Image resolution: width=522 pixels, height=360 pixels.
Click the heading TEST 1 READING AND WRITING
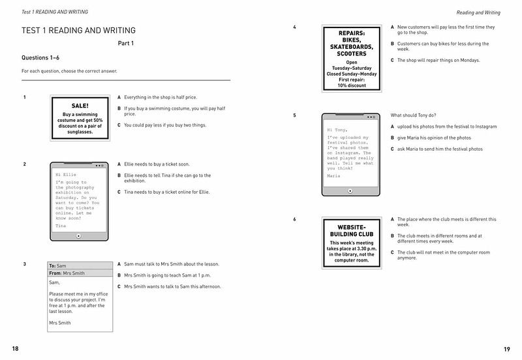pyautogui.click(x=79, y=30)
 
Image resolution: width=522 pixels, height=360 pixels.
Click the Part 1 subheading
pyautogui.click(x=125, y=44)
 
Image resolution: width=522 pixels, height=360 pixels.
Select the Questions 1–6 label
pyautogui.click(x=41, y=57)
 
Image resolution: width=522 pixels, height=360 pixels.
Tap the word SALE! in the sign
pyautogui.click(x=80, y=106)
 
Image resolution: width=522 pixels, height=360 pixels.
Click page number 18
pyautogui.click(x=16, y=348)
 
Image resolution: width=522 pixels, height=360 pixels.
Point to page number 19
pyautogui.click(x=506, y=348)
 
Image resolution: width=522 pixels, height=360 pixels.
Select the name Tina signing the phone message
pyautogui.click(x=61, y=225)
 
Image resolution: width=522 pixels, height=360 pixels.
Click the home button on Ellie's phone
pyautogui.click(x=79, y=235)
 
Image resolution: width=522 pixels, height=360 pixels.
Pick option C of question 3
pyautogui.click(x=172, y=286)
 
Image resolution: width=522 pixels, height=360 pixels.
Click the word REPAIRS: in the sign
pyautogui.click(x=352, y=33)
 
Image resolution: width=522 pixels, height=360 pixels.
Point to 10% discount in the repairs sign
pyautogui.click(x=352, y=85)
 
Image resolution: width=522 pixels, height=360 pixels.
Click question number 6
pyautogui.click(x=295, y=219)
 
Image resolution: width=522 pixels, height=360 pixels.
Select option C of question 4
pyautogui.click(x=435, y=60)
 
